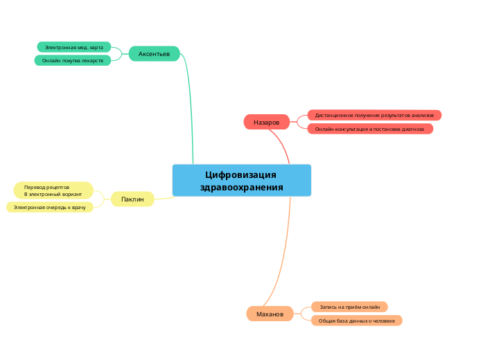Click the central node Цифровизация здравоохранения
coord(241,181)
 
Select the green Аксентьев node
coord(154,53)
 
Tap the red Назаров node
coord(266,122)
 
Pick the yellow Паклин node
coord(132,199)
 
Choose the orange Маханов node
coord(270,314)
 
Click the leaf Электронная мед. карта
coord(73,47)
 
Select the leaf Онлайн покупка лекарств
coord(72,60)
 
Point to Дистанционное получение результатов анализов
coord(374,115)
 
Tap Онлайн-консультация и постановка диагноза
coord(369,129)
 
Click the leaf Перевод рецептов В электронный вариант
coord(53,190)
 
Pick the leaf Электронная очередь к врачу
coord(49,207)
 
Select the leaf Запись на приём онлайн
coord(349,307)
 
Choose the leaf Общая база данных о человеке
coord(356,321)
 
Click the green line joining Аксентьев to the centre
coord(189,104)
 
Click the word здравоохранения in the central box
coord(241,188)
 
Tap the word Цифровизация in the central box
coord(241,174)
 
